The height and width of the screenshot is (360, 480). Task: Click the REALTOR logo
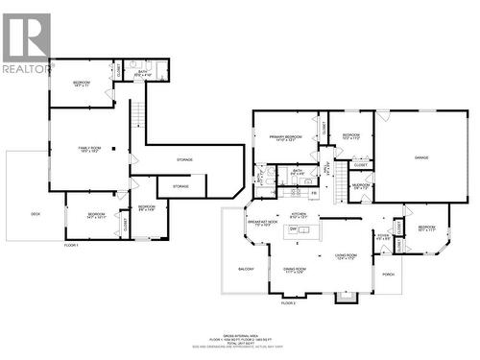(x=27, y=43)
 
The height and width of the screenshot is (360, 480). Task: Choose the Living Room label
(x=347, y=254)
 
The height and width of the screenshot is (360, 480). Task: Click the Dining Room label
(x=295, y=270)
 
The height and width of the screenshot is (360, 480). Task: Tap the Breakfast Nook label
(x=262, y=223)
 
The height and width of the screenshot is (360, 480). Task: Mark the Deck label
(x=36, y=213)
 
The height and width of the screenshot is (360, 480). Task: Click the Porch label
(x=389, y=274)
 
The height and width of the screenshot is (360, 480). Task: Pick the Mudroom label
(x=361, y=185)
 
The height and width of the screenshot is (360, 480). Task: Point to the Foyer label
(x=383, y=236)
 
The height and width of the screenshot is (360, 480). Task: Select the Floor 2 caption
(x=288, y=302)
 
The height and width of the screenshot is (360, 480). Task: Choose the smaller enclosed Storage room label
(x=180, y=186)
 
